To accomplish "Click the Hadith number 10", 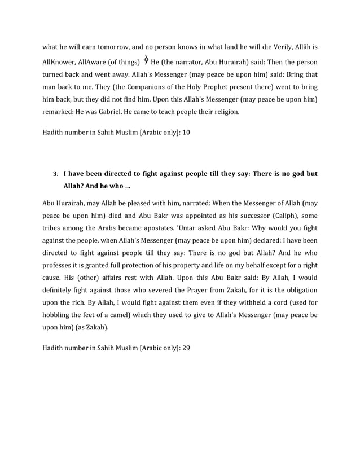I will pos(186,133).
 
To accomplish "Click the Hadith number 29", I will pos(186,348).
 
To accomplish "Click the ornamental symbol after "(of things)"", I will pos(146,60).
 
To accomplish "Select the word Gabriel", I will pos(112,112).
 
